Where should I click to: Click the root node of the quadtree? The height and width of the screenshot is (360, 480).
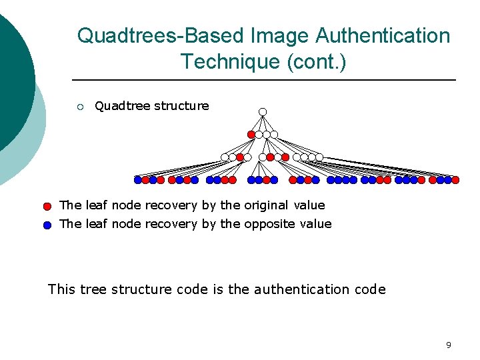click(263, 111)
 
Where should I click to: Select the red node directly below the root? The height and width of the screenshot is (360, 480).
click(251, 134)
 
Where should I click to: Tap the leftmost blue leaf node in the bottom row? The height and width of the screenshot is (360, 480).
click(137, 179)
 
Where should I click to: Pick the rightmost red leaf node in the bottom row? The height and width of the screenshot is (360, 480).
click(456, 179)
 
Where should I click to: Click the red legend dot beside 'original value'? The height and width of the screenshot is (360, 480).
click(47, 207)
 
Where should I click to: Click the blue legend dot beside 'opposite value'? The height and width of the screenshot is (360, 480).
click(47, 225)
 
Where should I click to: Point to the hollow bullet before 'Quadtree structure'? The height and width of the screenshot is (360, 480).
click(79, 107)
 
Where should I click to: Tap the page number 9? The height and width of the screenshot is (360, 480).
click(448, 345)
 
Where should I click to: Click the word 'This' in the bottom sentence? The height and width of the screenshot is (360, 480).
click(61, 289)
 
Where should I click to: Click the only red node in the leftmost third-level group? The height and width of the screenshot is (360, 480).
click(240, 157)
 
